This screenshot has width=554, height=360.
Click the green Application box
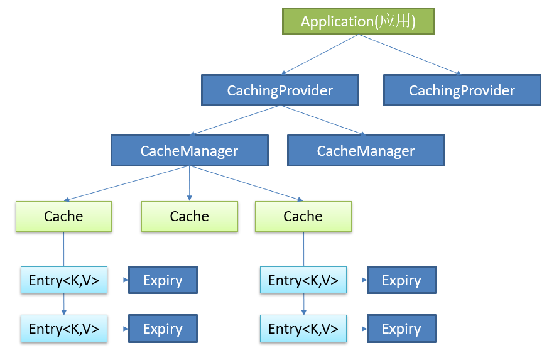click(359, 21)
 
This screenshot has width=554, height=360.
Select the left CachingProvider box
click(280, 90)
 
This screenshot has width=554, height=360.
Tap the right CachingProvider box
click(462, 90)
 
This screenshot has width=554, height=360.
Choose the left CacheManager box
click(190, 151)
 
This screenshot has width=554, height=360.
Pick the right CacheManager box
click(366, 151)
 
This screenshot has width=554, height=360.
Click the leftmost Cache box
click(63, 216)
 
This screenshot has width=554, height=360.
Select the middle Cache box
click(190, 216)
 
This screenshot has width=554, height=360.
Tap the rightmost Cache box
click(303, 216)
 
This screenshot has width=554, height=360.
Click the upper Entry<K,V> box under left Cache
click(64, 280)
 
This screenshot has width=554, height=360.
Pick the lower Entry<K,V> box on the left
click(64, 329)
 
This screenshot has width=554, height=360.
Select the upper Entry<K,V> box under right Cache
click(303, 280)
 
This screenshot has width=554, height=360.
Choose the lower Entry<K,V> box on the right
click(303, 329)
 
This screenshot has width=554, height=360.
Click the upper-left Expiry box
click(163, 280)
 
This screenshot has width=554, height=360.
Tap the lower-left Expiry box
click(163, 329)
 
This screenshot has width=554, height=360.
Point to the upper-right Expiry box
click(402, 280)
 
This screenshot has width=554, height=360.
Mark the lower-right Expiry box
click(402, 329)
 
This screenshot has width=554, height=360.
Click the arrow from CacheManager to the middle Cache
click(190, 183)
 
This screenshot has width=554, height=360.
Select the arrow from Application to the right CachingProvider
click(410, 55)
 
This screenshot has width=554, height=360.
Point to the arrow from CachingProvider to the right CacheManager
click(323, 121)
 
